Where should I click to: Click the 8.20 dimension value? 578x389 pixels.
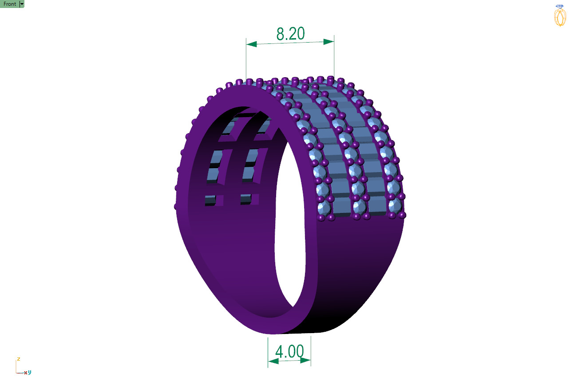pyautogui.click(x=290, y=34)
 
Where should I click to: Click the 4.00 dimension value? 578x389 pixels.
pyautogui.click(x=289, y=351)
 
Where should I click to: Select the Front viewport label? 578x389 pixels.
pyautogui.click(x=10, y=4)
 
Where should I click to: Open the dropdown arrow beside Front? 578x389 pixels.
pyautogui.click(x=22, y=4)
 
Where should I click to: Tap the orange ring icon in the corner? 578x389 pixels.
pyautogui.click(x=560, y=16)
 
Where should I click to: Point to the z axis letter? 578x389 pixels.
pyautogui.click(x=18, y=359)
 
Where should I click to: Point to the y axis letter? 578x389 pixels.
pyautogui.click(x=29, y=372)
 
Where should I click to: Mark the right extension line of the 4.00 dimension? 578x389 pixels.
pyautogui.click(x=311, y=350)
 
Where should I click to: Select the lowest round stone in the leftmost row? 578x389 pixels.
pyautogui.click(x=324, y=208)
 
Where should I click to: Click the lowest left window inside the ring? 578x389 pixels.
pyautogui.click(x=210, y=200)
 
